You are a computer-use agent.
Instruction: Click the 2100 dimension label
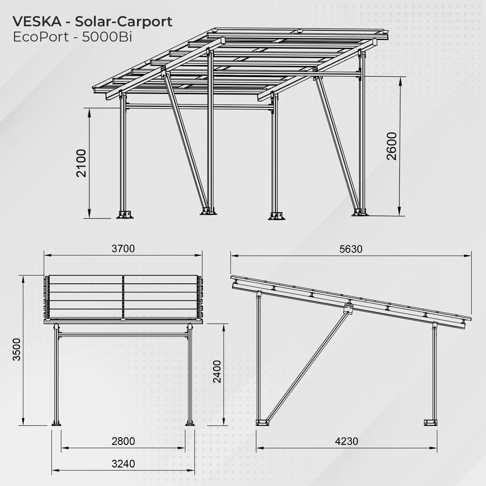click(x=82, y=163)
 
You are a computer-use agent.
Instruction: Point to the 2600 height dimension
click(x=392, y=146)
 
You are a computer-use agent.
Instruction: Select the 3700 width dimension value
click(x=123, y=249)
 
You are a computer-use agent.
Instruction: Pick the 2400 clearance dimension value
click(x=216, y=372)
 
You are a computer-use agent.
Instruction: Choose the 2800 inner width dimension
click(x=123, y=441)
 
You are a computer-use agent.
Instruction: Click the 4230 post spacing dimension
click(x=346, y=441)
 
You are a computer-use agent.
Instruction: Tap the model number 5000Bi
click(x=107, y=37)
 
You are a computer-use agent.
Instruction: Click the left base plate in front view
click(x=56, y=423)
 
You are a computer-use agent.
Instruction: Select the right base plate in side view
click(x=430, y=422)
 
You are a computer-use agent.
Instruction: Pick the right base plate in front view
click(x=190, y=423)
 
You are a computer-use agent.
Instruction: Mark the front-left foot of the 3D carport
click(x=125, y=215)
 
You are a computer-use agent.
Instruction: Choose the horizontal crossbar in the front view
click(x=123, y=335)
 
